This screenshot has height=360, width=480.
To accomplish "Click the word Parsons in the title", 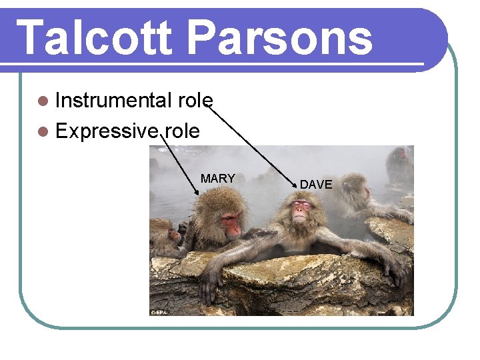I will pyautogui.click(x=279, y=38).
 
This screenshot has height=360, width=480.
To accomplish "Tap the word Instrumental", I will pyautogui.click(x=113, y=101).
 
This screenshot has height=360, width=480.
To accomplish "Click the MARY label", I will pyautogui.click(x=217, y=179).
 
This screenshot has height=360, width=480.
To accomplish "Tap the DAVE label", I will pyautogui.click(x=316, y=184).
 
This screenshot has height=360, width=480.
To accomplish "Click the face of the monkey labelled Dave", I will pyautogui.click(x=302, y=211).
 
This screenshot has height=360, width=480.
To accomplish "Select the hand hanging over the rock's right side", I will pyautogui.click(x=396, y=270).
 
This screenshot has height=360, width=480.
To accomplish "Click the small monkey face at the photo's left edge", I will pyautogui.click(x=174, y=234).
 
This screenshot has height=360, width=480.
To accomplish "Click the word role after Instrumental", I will pyautogui.click(x=195, y=101).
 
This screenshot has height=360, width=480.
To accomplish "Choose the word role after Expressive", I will pyautogui.click(x=182, y=131).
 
